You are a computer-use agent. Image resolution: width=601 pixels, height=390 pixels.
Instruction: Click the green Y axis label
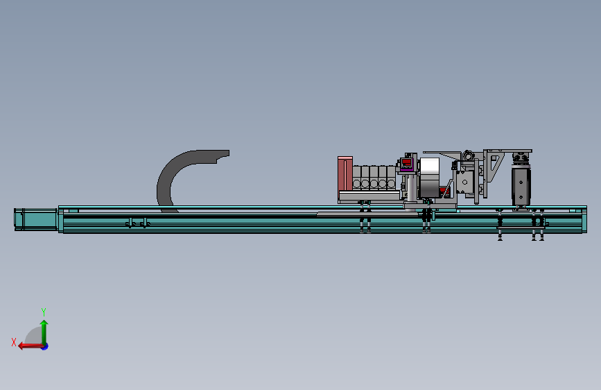point(44,312)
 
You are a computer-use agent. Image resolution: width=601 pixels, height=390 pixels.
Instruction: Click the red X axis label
point(14,342)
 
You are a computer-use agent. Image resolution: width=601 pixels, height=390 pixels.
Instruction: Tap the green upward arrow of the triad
point(44,332)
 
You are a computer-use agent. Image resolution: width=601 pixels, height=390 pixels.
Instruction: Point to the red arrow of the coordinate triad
point(31,346)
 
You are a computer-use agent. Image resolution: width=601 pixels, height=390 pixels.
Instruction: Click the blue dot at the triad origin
point(45,346)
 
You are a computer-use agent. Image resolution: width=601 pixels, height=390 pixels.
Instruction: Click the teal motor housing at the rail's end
point(36,219)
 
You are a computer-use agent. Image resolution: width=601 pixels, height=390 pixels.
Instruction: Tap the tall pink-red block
point(345,174)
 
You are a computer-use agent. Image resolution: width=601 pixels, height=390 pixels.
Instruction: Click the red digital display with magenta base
point(407,164)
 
